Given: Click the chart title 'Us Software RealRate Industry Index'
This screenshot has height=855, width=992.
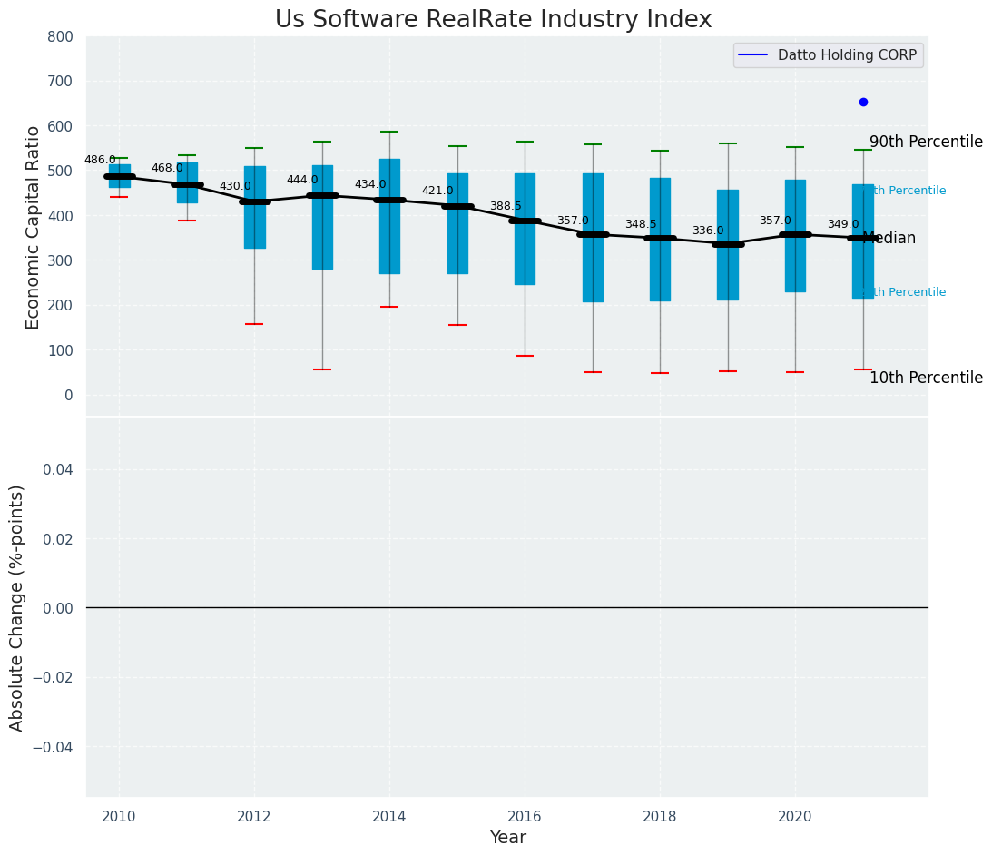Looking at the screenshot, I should coord(493,20).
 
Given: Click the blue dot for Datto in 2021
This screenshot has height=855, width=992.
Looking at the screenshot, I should coord(863,102).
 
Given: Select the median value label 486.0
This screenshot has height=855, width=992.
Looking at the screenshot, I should coord(100,160).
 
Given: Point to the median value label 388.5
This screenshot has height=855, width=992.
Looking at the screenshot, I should coord(506,206).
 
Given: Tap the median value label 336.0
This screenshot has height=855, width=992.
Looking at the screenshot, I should coord(708,231).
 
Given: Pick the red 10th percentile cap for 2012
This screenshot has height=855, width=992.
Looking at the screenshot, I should coord(254,324).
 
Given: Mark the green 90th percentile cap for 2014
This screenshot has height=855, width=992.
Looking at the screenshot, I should coord(389,132).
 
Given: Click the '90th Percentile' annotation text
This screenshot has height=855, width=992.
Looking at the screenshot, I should coord(926,142).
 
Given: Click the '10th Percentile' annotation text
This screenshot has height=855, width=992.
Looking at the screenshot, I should coord(926,378).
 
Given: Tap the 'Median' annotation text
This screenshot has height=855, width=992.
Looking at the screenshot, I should coord(889,238).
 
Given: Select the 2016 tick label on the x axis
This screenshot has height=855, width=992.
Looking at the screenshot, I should coord(525,816).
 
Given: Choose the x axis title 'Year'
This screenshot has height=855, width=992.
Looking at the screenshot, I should coord(507,838).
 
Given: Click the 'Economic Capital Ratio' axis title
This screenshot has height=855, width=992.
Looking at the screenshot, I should coord(33,227).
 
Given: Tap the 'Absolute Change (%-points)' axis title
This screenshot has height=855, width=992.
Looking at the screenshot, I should coord(17,607).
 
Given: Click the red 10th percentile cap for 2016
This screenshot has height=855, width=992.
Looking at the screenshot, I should coord(525,356).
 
